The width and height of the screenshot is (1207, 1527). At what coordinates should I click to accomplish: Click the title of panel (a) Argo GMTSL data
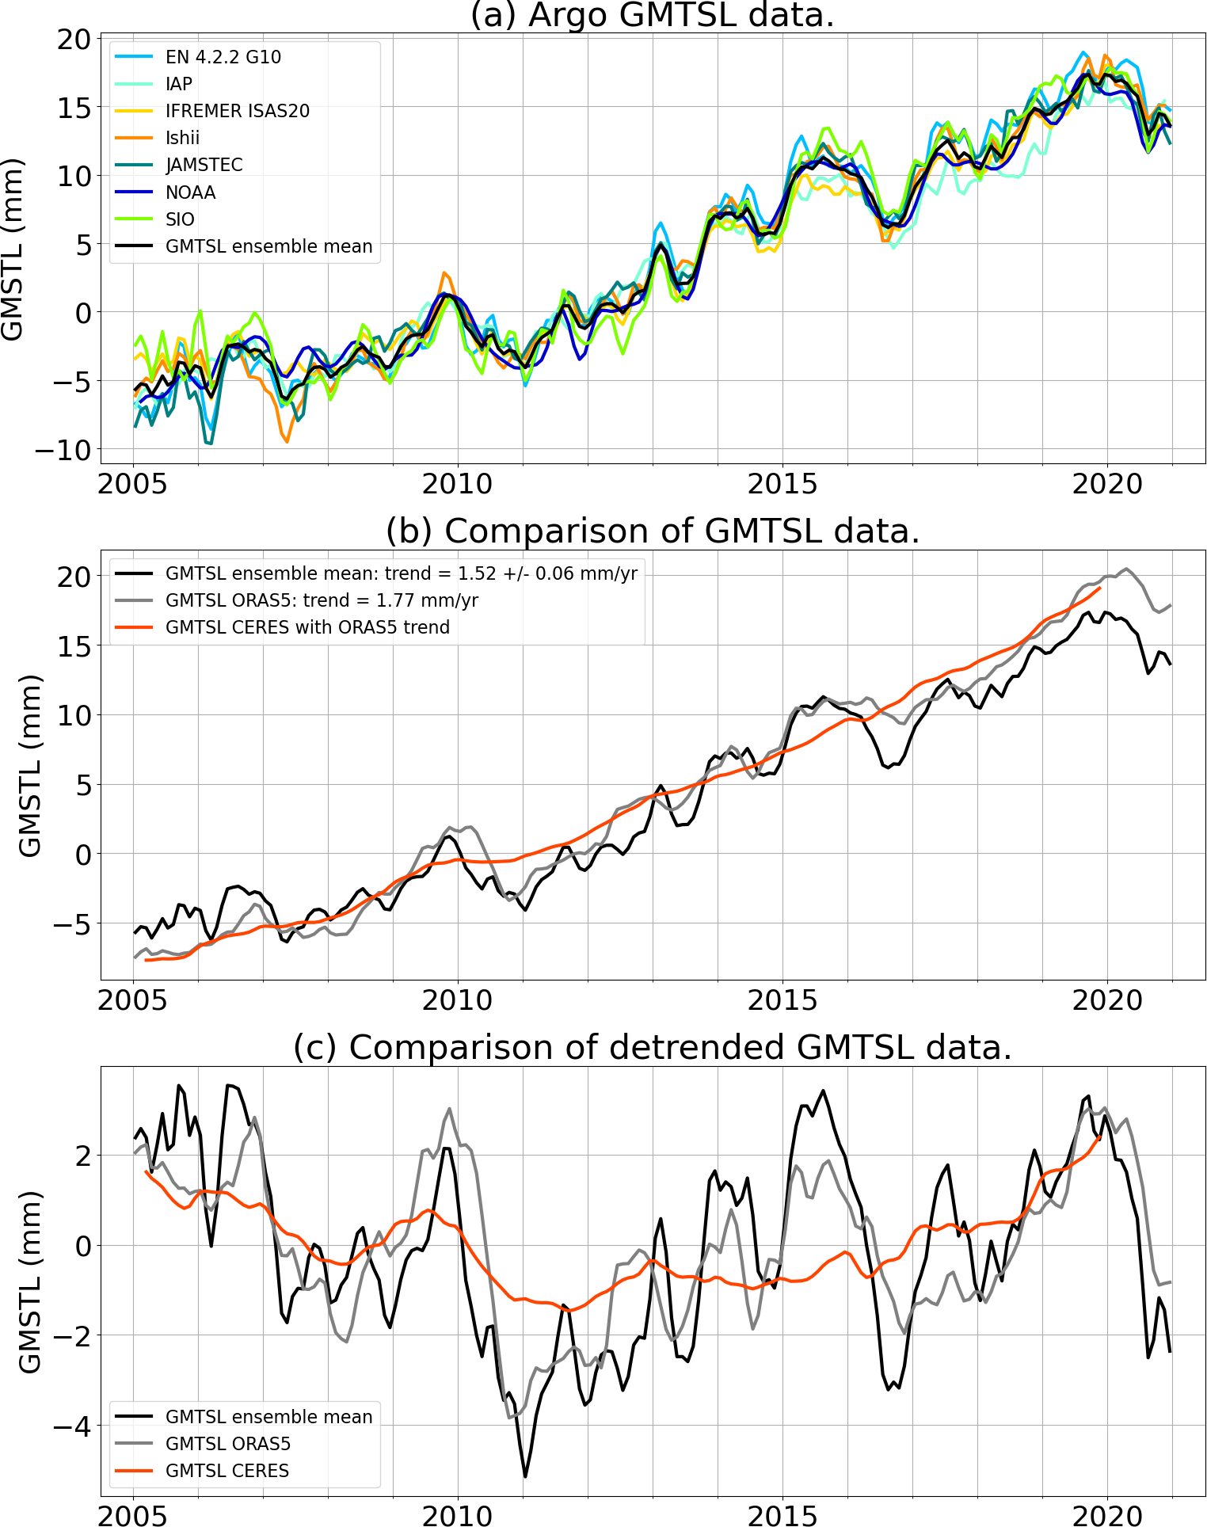(x=652, y=15)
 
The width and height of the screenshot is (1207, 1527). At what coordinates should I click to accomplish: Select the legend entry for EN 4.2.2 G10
(x=223, y=57)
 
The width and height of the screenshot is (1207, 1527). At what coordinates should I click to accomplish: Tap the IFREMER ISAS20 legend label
(x=237, y=111)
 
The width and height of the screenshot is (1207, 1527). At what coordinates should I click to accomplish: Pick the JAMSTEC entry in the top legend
(x=204, y=165)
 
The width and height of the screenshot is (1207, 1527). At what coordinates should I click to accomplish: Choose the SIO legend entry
(x=180, y=219)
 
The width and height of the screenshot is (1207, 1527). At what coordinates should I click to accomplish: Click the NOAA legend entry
(x=190, y=192)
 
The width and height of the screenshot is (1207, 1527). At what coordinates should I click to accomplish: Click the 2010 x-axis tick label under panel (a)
(x=457, y=483)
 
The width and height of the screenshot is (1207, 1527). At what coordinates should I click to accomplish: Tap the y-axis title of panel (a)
(x=13, y=249)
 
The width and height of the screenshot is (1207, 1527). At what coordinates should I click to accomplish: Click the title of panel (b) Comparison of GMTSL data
(x=652, y=531)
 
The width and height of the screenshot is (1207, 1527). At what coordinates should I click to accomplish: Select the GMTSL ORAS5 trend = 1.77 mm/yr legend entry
(x=321, y=600)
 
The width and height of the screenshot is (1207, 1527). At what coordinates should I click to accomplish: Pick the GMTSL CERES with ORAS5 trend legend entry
(x=307, y=627)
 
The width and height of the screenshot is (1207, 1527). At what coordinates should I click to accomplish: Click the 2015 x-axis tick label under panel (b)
(x=782, y=1000)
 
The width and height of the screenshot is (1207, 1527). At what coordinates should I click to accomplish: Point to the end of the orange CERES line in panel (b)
(x=1100, y=588)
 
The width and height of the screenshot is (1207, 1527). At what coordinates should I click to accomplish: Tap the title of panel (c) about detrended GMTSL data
(x=652, y=1048)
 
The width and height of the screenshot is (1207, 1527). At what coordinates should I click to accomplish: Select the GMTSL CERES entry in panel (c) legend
(x=227, y=1471)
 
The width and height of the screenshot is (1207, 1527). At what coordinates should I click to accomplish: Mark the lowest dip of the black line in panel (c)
(x=525, y=1476)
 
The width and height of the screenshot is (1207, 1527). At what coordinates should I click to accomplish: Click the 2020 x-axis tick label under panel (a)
(x=1107, y=483)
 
